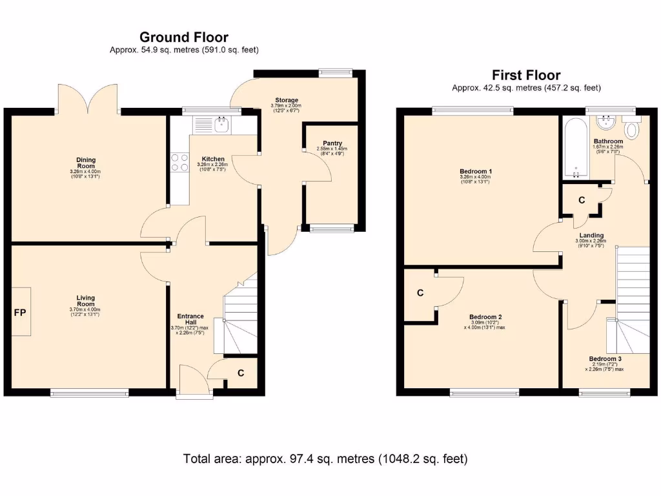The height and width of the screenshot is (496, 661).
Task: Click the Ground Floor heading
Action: pyautogui.click(x=183, y=37)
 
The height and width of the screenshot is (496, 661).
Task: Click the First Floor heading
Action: pyautogui.click(x=526, y=75)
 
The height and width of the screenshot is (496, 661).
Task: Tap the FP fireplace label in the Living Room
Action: pyautogui.click(x=20, y=313)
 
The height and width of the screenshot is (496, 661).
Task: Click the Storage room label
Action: pyautogui.click(x=287, y=100)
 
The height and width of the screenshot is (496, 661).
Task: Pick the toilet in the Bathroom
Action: pyautogui.click(x=631, y=129)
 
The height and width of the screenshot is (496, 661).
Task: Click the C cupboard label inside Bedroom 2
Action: pyautogui.click(x=420, y=293)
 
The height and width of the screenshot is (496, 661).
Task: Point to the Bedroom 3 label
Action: pyautogui.click(x=605, y=359)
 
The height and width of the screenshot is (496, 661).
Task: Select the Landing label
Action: pyautogui.click(x=591, y=235)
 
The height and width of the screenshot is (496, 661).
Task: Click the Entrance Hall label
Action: pyautogui.click(x=190, y=320)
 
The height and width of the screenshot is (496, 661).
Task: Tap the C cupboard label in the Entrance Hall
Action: pyautogui.click(x=241, y=373)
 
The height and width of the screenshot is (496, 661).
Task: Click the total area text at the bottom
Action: pyautogui.click(x=325, y=459)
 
